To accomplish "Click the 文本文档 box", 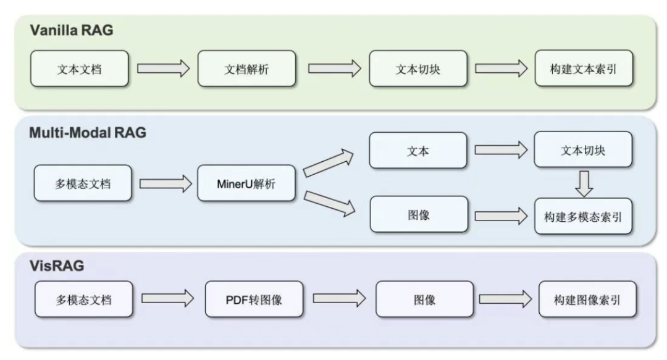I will [x=80, y=69].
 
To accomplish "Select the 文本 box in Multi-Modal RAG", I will [x=417, y=149].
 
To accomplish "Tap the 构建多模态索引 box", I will [x=584, y=216].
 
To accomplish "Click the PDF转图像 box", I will [x=254, y=299].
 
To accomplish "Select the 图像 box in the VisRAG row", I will [x=425, y=299].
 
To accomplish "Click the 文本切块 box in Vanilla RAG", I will [x=417, y=69].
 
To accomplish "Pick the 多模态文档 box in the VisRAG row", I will [x=83, y=299].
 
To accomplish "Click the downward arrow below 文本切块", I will [x=584, y=183].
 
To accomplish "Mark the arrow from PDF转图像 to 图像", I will [x=339, y=299].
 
